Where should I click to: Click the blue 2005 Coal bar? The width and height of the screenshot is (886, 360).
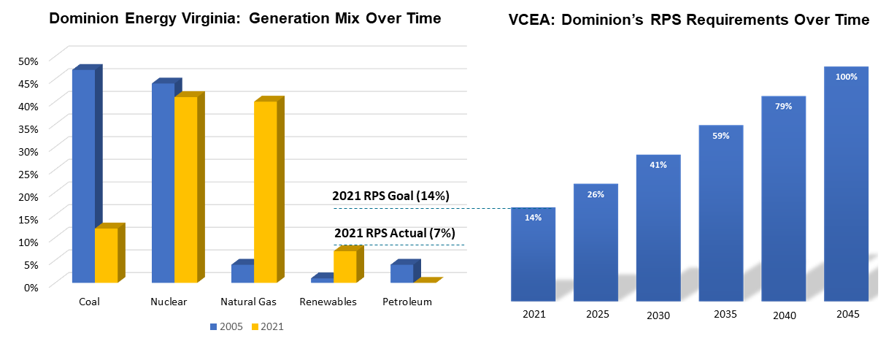pyautogui.click(x=83, y=175)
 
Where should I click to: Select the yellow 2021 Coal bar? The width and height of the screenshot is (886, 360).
pyautogui.click(x=106, y=255)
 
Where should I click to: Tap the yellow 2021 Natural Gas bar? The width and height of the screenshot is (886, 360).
pyautogui.click(x=265, y=191)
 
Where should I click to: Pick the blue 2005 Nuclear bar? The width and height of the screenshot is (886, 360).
pyautogui.click(x=163, y=183)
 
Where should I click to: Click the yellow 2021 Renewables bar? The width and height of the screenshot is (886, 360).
pyautogui.click(x=344, y=267)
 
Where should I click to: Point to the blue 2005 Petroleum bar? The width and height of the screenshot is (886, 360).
pyautogui.click(x=401, y=273)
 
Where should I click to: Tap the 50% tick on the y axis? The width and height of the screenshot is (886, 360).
pyautogui.click(x=28, y=61)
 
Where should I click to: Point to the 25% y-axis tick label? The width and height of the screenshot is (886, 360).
pyautogui.click(x=28, y=173)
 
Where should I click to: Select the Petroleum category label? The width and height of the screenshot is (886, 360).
pyautogui.click(x=407, y=302)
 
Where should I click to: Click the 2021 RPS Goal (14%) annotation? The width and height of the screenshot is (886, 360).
pyautogui.click(x=390, y=196)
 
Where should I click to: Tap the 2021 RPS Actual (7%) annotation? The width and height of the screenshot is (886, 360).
pyautogui.click(x=395, y=234)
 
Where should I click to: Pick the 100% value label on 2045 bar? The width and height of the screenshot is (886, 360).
pyautogui.click(x=846, y=77)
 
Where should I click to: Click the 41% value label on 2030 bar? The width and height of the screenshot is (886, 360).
pyautogui.click(x=658, y=164)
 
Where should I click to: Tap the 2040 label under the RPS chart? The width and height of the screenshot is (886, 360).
pyautogui.click(x=783, y=315)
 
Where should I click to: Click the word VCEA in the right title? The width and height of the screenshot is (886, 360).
pyautogui.click(x=532, y=20)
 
